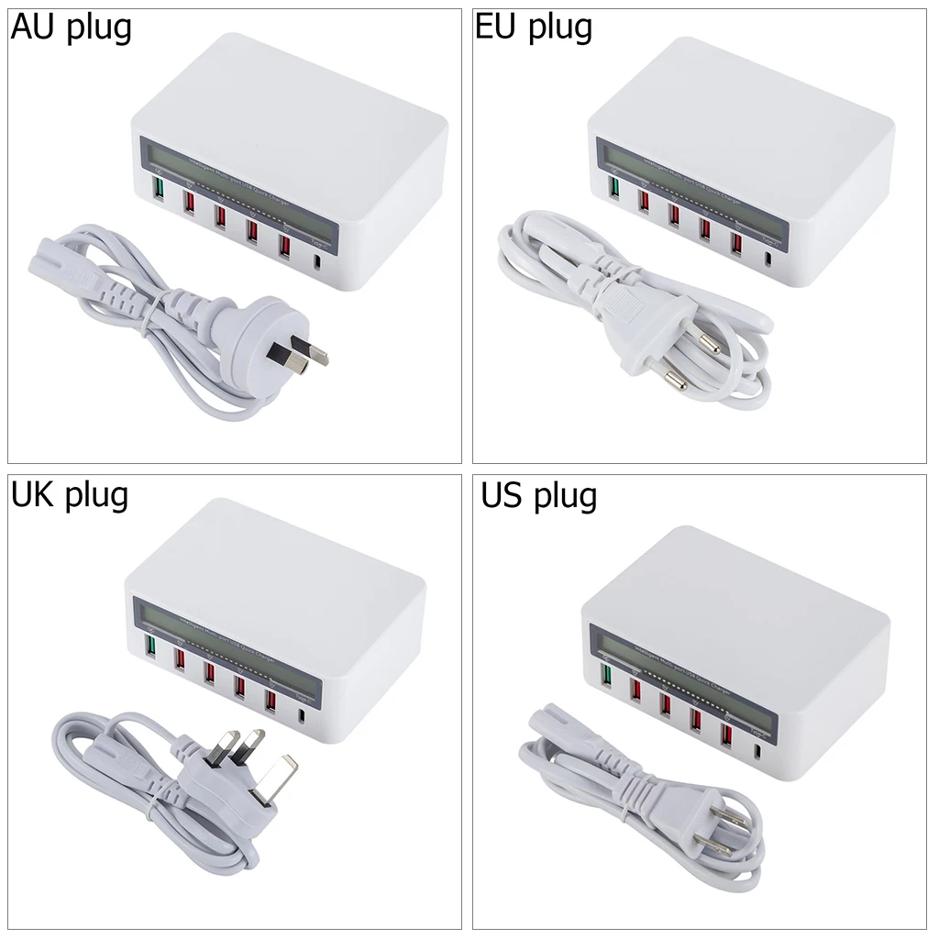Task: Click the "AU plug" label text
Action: click(72, 28)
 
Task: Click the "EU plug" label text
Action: click(534, 28)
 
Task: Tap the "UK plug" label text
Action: click(70, 495)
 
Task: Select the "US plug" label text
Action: click(539, 496)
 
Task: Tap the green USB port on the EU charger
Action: click(614, 189)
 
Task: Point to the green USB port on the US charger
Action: click(606, 677)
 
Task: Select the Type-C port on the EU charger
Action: click(767, 258)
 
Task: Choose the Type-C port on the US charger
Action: click(757, 754)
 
